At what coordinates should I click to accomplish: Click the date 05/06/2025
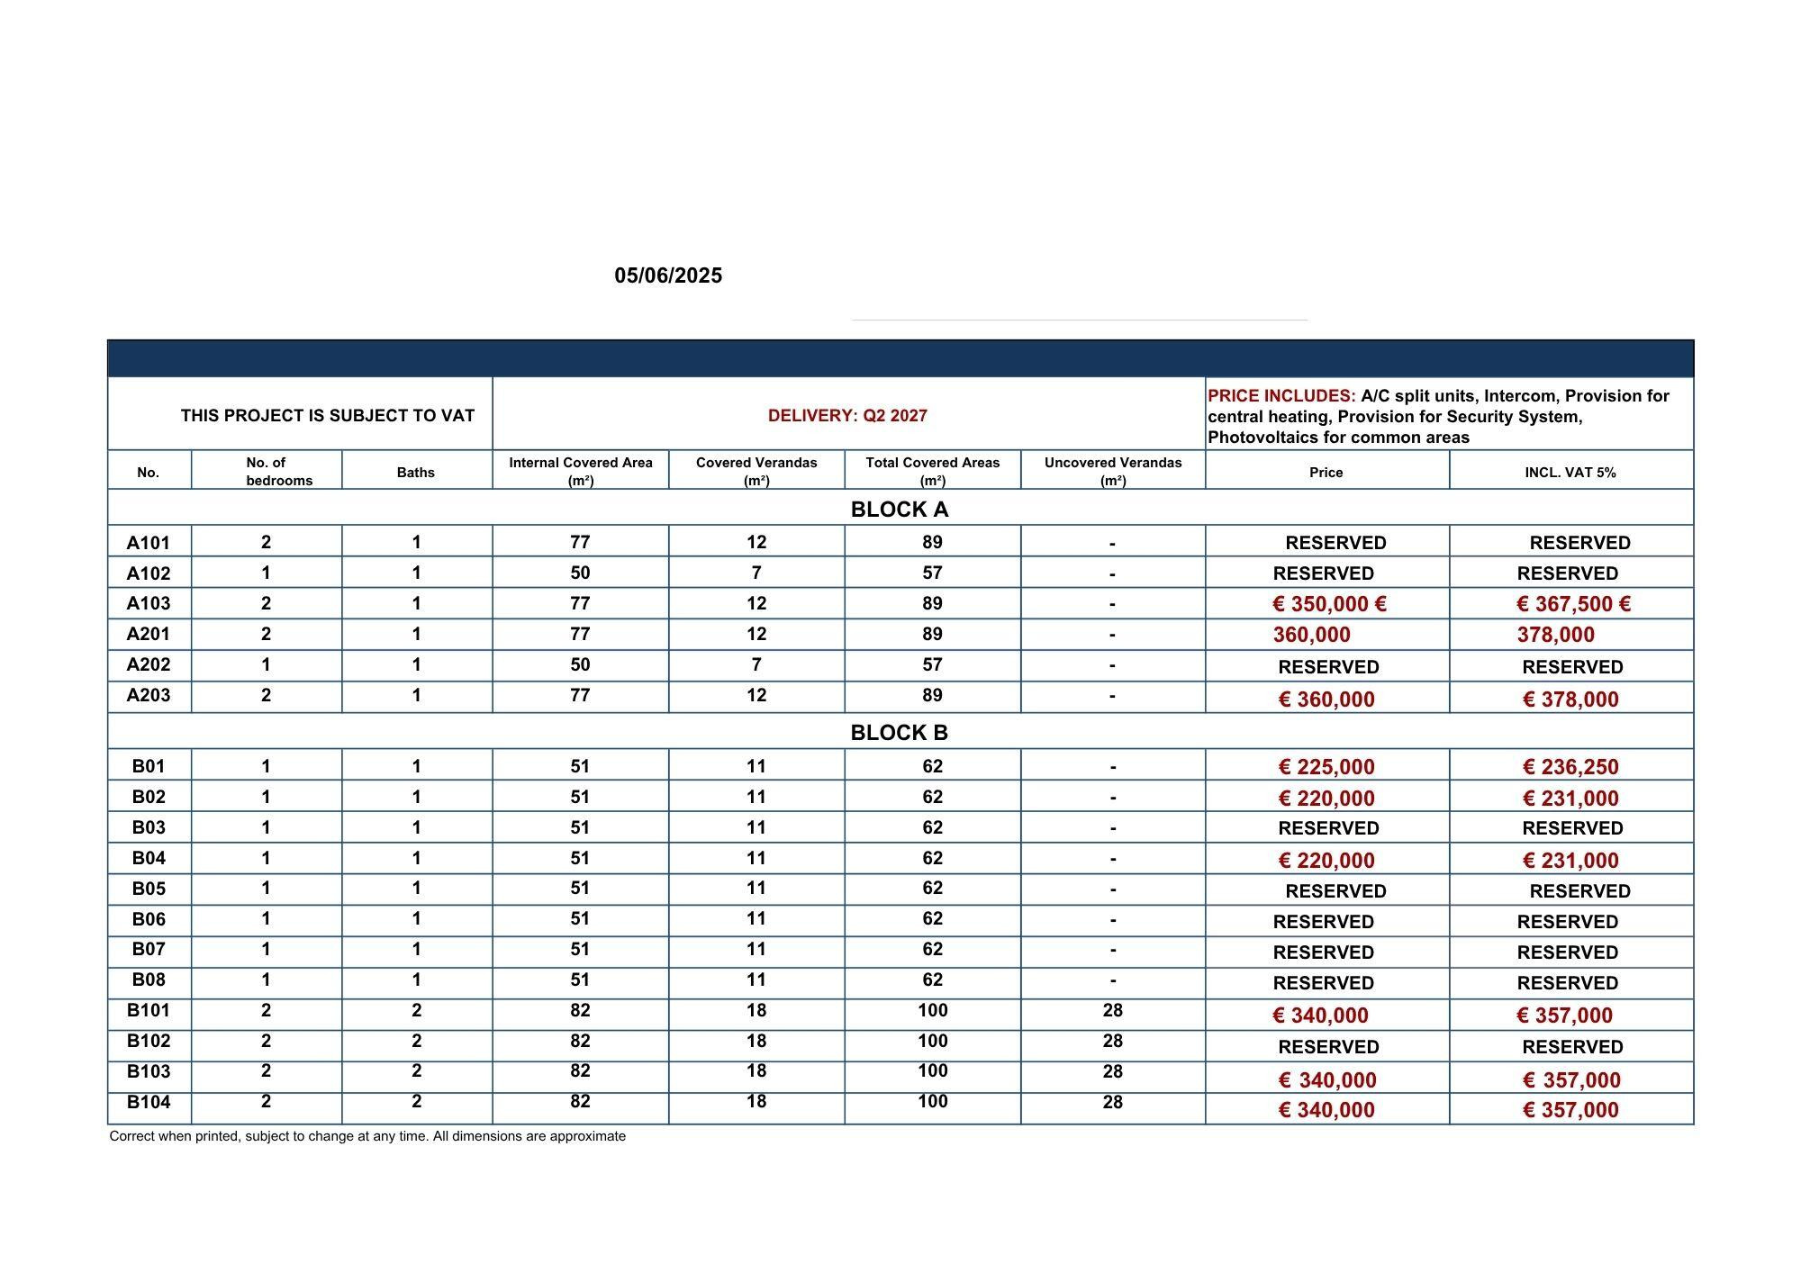pyautogui.click(x=668, y=275)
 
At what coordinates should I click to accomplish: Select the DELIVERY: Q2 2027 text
pyautogui.click(x=847, y=415)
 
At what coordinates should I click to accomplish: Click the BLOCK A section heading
pyautogui.click(x=899, y=510)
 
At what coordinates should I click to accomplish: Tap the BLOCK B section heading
pyautogui.click(x=899, y=733)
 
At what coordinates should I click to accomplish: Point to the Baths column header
pyautogui.click(x=416, y=472)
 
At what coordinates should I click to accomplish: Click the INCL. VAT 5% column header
pyautogui.click(x=1570, y=472)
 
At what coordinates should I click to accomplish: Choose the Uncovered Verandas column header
pyautogui.click(x=1113, y=471)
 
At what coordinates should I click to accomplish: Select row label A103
pyautogui.click(x=149, y=603)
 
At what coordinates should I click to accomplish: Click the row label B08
pyautogui.click(x=149, y=980)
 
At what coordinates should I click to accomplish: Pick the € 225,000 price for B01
pyautogui.click(x=1326, y=767)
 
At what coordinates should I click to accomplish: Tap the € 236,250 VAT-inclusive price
pyautogui.click(x=1570, y=767)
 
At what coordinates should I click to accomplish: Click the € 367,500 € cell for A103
pyautogui.click(x=1573, y=604)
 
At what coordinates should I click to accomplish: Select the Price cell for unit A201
pyautogui.click(x=1312, y=635)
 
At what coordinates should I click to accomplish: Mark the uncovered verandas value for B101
pyautogui.click(x=1113, y=1010)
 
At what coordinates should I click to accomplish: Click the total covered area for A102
pyautogui.click(x=932, y=573)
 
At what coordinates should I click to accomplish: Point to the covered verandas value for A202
pyautogui.click(x=756, y=664)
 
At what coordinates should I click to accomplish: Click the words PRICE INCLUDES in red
pyautogui.click(x=1281, y=396)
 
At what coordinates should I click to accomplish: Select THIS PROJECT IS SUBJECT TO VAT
pyautogui.click(x=327, y=415)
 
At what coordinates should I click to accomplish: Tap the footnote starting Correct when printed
pyautogui.click(x=367, y=1136)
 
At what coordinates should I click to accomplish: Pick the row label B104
pyautogui.click(x=149, y=1102)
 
